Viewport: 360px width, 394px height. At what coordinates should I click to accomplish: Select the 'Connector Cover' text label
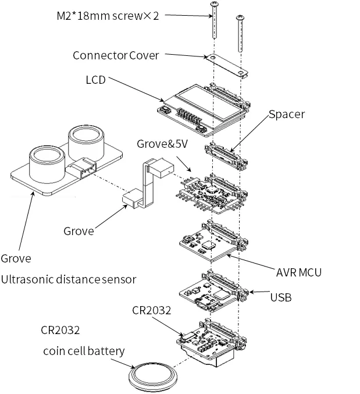click(115, 55)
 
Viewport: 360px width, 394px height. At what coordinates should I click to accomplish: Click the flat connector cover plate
click(227, 66)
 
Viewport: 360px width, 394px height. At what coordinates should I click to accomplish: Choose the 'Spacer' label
click(287, 115)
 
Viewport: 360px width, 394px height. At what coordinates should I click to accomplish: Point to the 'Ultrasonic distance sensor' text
click(69, 279)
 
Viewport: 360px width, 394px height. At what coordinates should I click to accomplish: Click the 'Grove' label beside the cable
click(79, 230)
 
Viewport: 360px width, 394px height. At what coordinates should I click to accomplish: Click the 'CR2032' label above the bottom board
click(151, 311)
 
